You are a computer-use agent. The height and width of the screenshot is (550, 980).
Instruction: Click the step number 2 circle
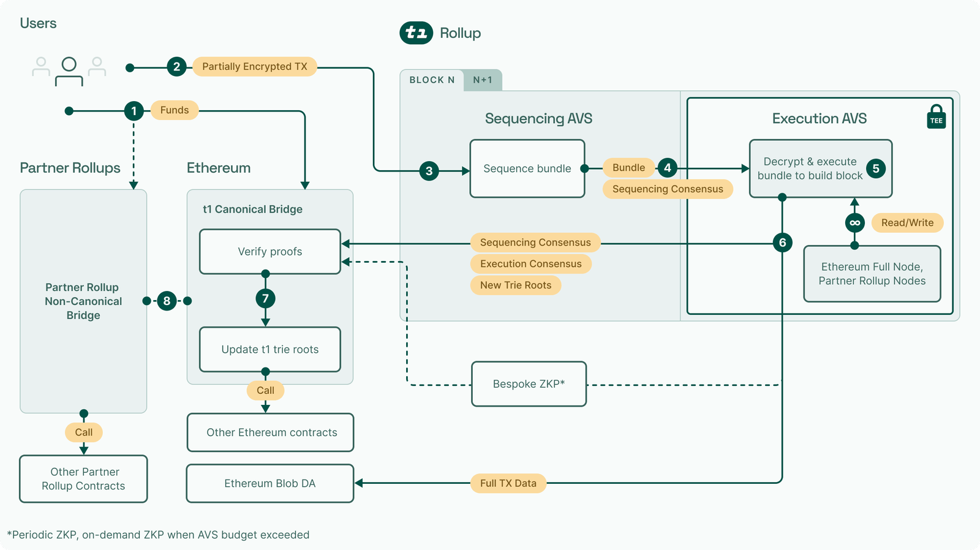tap(176, 67)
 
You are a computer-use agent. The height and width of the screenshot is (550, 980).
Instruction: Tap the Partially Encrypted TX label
tap(255, 67)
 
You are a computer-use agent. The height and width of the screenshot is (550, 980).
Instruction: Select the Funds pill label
tap(175, 110)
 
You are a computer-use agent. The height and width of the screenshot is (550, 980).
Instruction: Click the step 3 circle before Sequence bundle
tap(429, 171)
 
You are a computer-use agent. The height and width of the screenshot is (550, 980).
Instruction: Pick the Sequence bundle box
tap(527, 168)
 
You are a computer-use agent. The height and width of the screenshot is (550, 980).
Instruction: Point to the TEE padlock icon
tap(936, 116)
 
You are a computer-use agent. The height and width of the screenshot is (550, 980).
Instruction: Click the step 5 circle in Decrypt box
tap(876, 168)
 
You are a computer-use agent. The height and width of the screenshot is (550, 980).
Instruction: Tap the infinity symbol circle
tap(854, 223)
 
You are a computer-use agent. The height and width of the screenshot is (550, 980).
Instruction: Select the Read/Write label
tap(907, 223)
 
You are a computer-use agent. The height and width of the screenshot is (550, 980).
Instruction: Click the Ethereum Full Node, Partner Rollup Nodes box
tap(872, 274)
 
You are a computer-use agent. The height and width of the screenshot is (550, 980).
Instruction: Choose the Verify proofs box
tap(270, 252)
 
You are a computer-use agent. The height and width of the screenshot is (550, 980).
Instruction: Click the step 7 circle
tap(265, 299)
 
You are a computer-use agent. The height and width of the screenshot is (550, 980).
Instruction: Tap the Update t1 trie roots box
tap(270, 350)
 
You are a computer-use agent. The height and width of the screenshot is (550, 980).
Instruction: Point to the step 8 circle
tap(167, 301)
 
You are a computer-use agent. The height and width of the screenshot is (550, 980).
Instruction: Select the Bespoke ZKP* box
tap(529, 384)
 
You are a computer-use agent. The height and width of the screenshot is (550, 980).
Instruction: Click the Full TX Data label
tap(508, 483)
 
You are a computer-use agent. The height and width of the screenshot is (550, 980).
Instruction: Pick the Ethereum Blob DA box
tap(270, 483)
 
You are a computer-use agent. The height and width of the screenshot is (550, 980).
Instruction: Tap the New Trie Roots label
tap(516, 285)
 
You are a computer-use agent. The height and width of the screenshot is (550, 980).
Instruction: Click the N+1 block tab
tap(483, 80)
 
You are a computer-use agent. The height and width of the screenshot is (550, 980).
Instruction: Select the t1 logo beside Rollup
tap(417, 32)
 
